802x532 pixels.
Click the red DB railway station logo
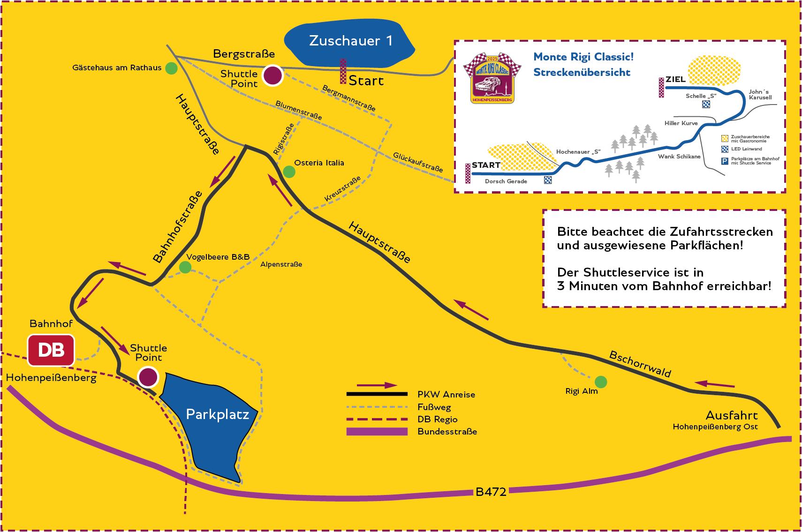coord(51,350)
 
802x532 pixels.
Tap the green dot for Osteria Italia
coord(289,172)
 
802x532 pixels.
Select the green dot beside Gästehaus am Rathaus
coord(171,68)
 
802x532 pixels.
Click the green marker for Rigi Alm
coord(601,382)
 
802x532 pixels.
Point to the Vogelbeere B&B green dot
coord(185,267)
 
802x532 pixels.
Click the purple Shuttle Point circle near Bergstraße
coord(272,75)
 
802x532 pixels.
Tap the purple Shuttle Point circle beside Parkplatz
coord(148,377)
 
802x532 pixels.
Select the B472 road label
coord(491,492)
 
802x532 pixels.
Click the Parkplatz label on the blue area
coord(217,414)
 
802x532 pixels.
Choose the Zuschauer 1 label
coord(351,41)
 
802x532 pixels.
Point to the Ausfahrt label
coord(732,415)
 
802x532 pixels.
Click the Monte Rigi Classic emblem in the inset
coord(492,78)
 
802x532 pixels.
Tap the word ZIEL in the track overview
coord(676,79)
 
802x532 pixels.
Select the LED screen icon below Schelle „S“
coord(706,104)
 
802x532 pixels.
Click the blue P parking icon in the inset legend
coord(725,161)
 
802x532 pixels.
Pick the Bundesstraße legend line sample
coord(377,432)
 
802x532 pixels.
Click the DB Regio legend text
coord(438,420)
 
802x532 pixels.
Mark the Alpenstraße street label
coord(281,264)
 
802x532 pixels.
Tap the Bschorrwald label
coord(640,364)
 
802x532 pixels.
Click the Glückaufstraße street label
coord(418,162)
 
